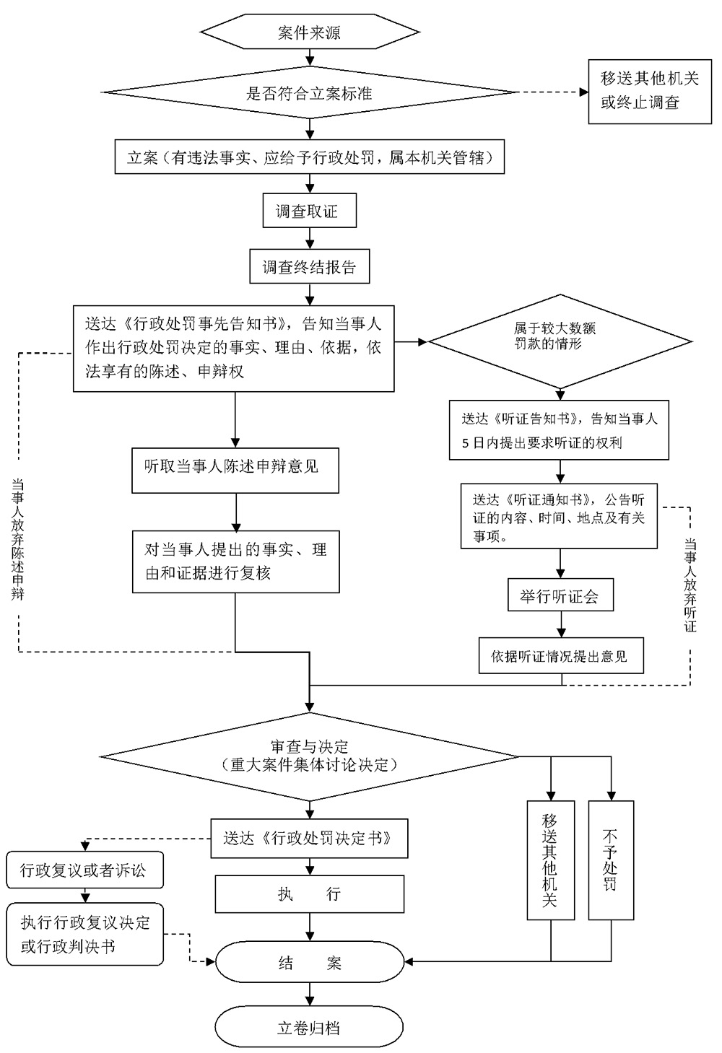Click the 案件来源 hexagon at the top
pos(310,32)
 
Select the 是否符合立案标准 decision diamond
pos(310,92)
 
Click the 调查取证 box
pos(309,211)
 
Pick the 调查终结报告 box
pos(309,267)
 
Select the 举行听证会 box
pos(560,596)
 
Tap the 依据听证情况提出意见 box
pos(560,656)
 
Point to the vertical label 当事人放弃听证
pos(690,585)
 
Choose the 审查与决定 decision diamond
pos(310,756)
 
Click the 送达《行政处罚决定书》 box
pos(309,839)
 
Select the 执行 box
pos(309,894)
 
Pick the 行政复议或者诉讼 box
pos(84,870)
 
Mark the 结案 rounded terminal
pos(310,963)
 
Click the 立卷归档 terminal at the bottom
pos(309,1028)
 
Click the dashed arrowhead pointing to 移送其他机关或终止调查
pos(584,92)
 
